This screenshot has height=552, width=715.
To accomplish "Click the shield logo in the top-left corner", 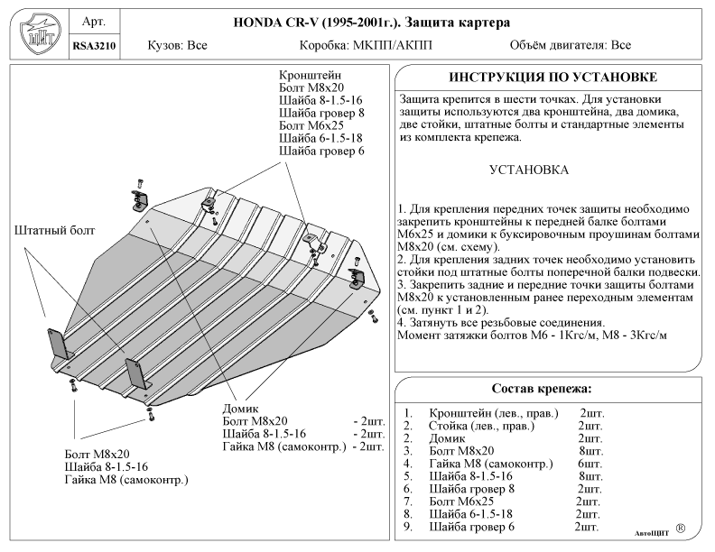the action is pos(40,34).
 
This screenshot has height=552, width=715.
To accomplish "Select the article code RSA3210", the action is pos(94,46).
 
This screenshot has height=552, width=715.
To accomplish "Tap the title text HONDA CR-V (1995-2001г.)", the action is pos(317,23).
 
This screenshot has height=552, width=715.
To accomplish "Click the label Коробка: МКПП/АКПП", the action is pos(366,45).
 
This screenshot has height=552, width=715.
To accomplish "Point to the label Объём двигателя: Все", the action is pos(571,45).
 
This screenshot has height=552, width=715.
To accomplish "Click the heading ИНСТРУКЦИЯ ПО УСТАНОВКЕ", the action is pos(552,77).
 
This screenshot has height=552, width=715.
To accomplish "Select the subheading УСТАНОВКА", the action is pos(529,170).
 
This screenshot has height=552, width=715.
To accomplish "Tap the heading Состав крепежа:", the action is pos(542,389).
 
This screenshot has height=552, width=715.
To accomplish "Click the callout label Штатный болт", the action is pos(55,231).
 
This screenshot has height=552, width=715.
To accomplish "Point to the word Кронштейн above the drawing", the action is pos(310,75).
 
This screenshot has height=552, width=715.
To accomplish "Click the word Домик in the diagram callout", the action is pos(240,409).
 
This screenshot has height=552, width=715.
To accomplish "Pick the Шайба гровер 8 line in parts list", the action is pos(471,489).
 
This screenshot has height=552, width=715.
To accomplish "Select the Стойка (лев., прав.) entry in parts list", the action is pos(481,426).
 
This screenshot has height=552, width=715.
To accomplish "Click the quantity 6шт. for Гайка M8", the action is pos(590,464).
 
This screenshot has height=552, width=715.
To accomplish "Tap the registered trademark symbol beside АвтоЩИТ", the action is pos(681,529).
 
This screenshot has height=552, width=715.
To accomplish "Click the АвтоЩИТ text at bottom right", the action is pos(652,533).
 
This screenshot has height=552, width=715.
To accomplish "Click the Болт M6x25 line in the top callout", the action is pos(311,125).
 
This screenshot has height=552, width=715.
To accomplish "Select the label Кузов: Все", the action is pos(177,45).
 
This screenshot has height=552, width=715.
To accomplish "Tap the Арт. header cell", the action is pos(94,22).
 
